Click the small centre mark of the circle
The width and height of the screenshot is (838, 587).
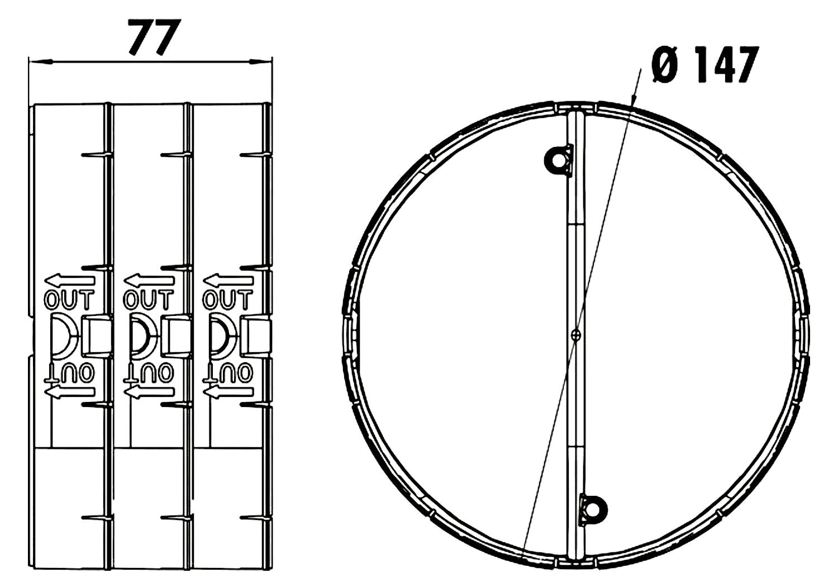click(577, 334)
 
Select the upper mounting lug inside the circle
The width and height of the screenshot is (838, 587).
click(559, 160)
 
